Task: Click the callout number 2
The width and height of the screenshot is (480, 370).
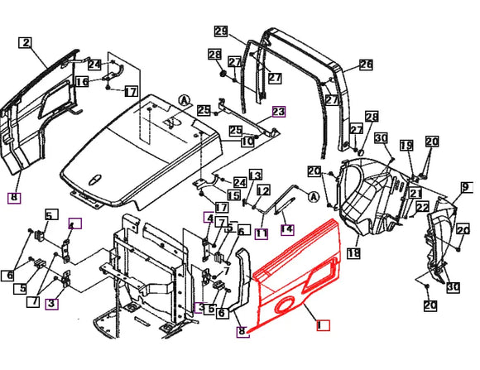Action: click(x=26, y=43)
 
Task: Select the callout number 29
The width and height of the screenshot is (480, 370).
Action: click(x=220, y=31)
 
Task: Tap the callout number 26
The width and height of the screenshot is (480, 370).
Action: click(x=366, y=64)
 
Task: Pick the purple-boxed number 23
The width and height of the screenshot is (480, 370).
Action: click(x=278, y=112)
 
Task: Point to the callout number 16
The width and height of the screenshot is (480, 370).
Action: click(x=82, y=81)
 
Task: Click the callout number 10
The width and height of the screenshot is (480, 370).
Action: click(x=247, y=142)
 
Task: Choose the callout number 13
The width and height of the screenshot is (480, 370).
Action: click(x=255, y=175)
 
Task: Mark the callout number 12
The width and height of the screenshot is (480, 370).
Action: click(x=262, y=190)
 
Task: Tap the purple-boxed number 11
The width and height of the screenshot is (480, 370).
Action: click(x=261, y=234)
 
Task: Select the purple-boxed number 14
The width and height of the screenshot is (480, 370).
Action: click(x=286, y=228)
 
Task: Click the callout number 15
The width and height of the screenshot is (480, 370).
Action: click(x=235, y=195)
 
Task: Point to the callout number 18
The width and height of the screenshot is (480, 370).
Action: click(x=353, y=252)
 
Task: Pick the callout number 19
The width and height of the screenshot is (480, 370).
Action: click(x=406, y=146)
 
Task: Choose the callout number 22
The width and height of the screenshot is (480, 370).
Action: click(x=422, y=207)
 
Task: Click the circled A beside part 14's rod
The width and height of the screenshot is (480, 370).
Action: click(x=314, y=197)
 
